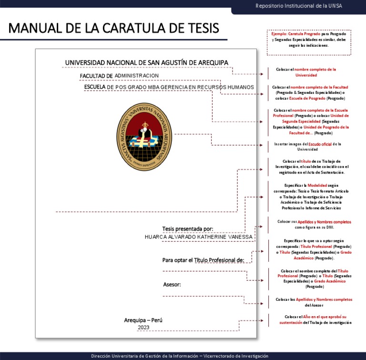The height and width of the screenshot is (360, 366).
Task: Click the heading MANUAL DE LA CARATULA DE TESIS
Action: [x=113, y=28]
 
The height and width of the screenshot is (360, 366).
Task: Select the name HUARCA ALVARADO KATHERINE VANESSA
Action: [x=199, y=237]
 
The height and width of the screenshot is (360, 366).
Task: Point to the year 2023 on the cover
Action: [x=143, y=328]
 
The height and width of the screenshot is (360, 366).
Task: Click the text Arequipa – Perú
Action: [x=143, y=320]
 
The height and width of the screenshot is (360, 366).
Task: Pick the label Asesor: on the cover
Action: [x=172, y=285]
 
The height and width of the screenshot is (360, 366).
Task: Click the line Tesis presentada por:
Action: [x=188, y=228]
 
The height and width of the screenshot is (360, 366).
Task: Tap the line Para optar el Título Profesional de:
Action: [x=203, y=260]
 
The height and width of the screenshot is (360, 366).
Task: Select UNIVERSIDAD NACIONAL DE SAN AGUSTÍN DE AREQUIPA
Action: [x=146, y=62]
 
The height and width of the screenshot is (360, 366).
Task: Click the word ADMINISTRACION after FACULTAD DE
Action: [x=137, y=76]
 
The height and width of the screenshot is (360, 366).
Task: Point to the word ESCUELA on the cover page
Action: [x=95, y=87]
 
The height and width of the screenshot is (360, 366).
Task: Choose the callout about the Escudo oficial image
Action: [x=311, y=146]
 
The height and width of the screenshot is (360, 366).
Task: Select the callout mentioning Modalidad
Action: [x=311, y=196]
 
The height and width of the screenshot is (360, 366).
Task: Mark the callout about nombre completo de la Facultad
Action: [x=311, y=93]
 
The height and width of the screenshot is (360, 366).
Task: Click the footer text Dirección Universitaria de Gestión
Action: [x=180, y=356]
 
